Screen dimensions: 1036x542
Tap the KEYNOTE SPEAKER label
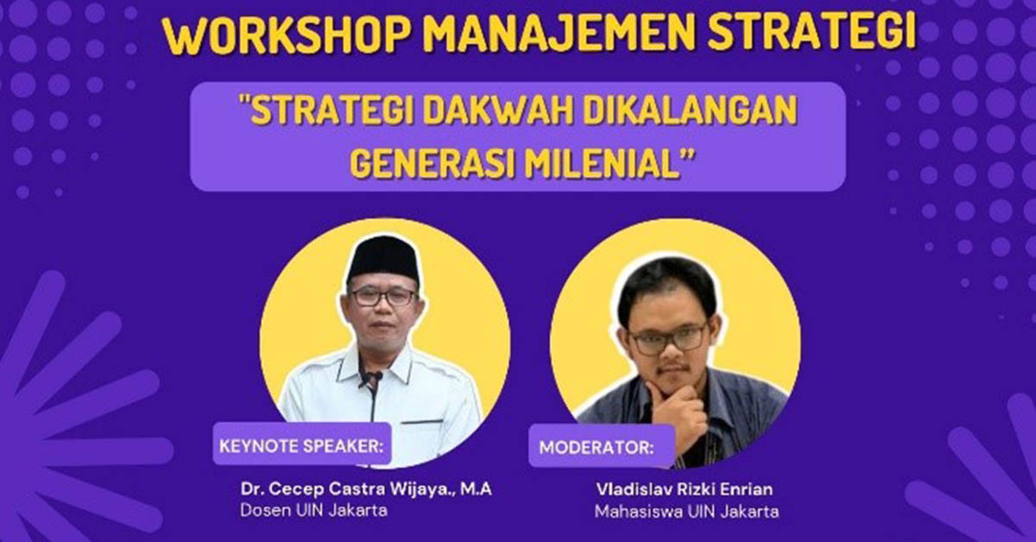tap(301, 446)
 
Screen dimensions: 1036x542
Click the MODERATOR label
tap(597, 448)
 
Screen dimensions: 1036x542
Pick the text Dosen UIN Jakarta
tap(313, 511)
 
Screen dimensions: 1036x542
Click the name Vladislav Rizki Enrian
tap(685, 489)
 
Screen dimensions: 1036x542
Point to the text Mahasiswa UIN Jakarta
tap(687, 512)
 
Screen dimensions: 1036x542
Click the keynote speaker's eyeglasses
tap(383, 297)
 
